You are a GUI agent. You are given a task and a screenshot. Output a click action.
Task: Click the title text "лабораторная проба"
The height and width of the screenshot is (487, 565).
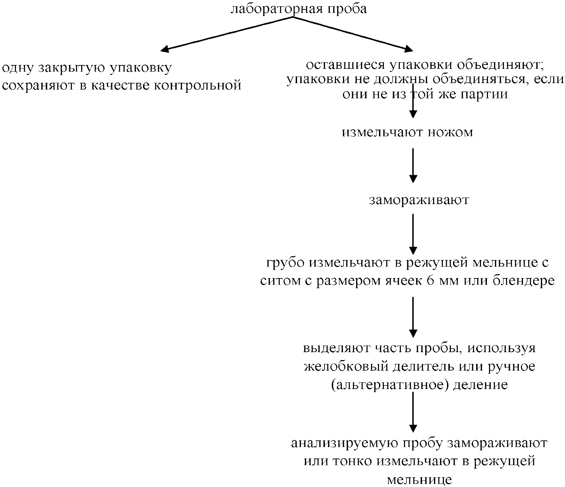click(x=298, y=9)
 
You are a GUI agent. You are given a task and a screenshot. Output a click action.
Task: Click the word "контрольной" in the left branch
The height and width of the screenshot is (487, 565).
click(x=197, y=85)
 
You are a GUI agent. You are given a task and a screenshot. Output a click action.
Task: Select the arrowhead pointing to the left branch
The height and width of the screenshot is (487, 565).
click(x=165, y=49)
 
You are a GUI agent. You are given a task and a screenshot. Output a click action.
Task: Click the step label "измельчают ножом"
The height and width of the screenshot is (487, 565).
click(x=407, y=132)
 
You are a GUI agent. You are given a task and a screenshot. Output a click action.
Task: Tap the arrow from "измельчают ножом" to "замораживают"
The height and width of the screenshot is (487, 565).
click(x=413, y=165)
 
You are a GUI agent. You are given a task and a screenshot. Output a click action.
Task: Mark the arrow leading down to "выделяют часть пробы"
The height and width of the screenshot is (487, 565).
click(x=413, y=316)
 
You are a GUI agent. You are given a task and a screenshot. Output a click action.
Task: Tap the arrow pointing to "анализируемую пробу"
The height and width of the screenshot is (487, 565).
click(x=413, y=412)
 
